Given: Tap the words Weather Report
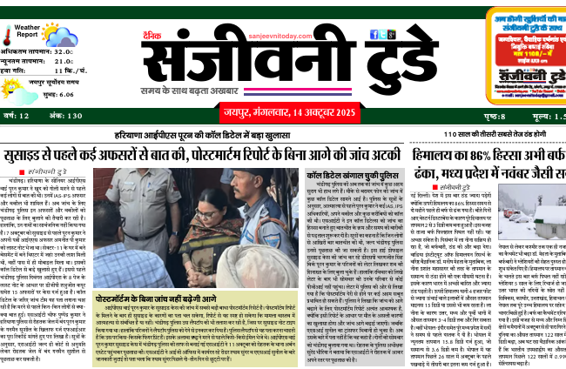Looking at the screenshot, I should pyautogui.click(x=27, y=33).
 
